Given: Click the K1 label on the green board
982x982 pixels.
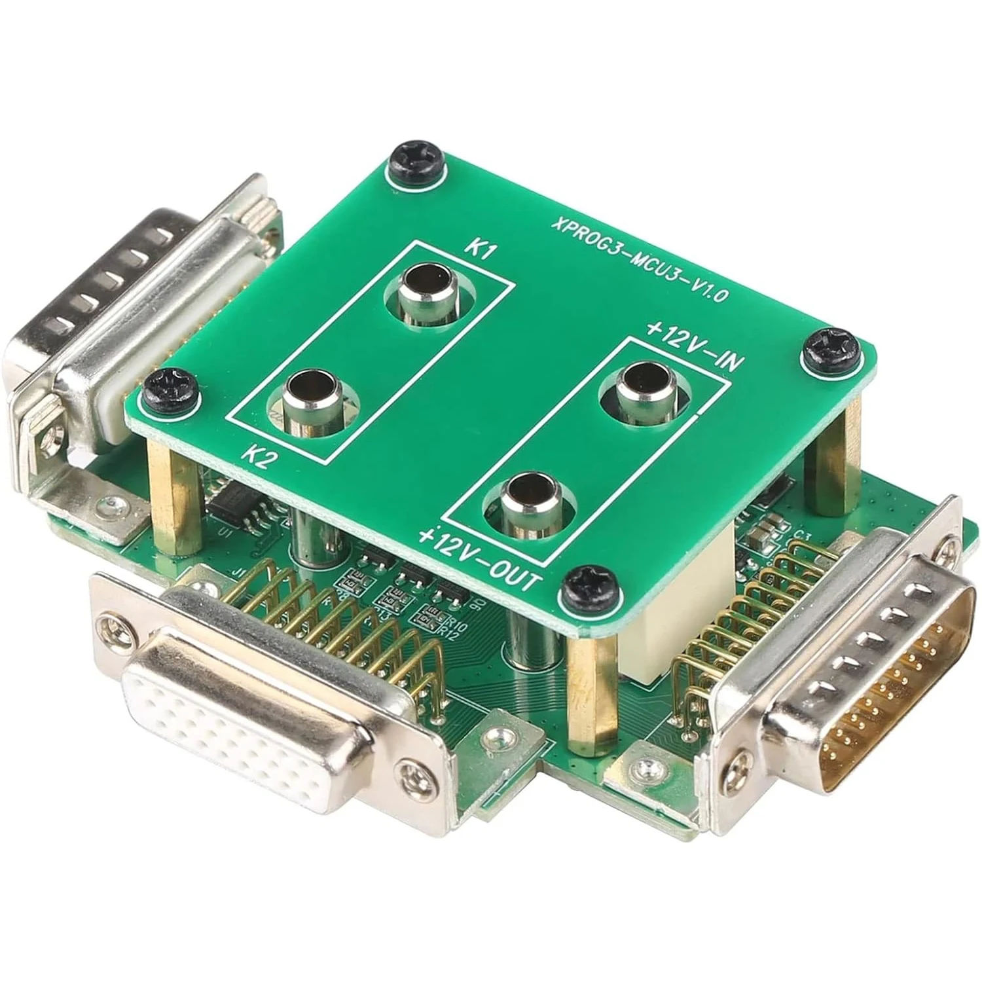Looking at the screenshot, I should coord(482,253).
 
